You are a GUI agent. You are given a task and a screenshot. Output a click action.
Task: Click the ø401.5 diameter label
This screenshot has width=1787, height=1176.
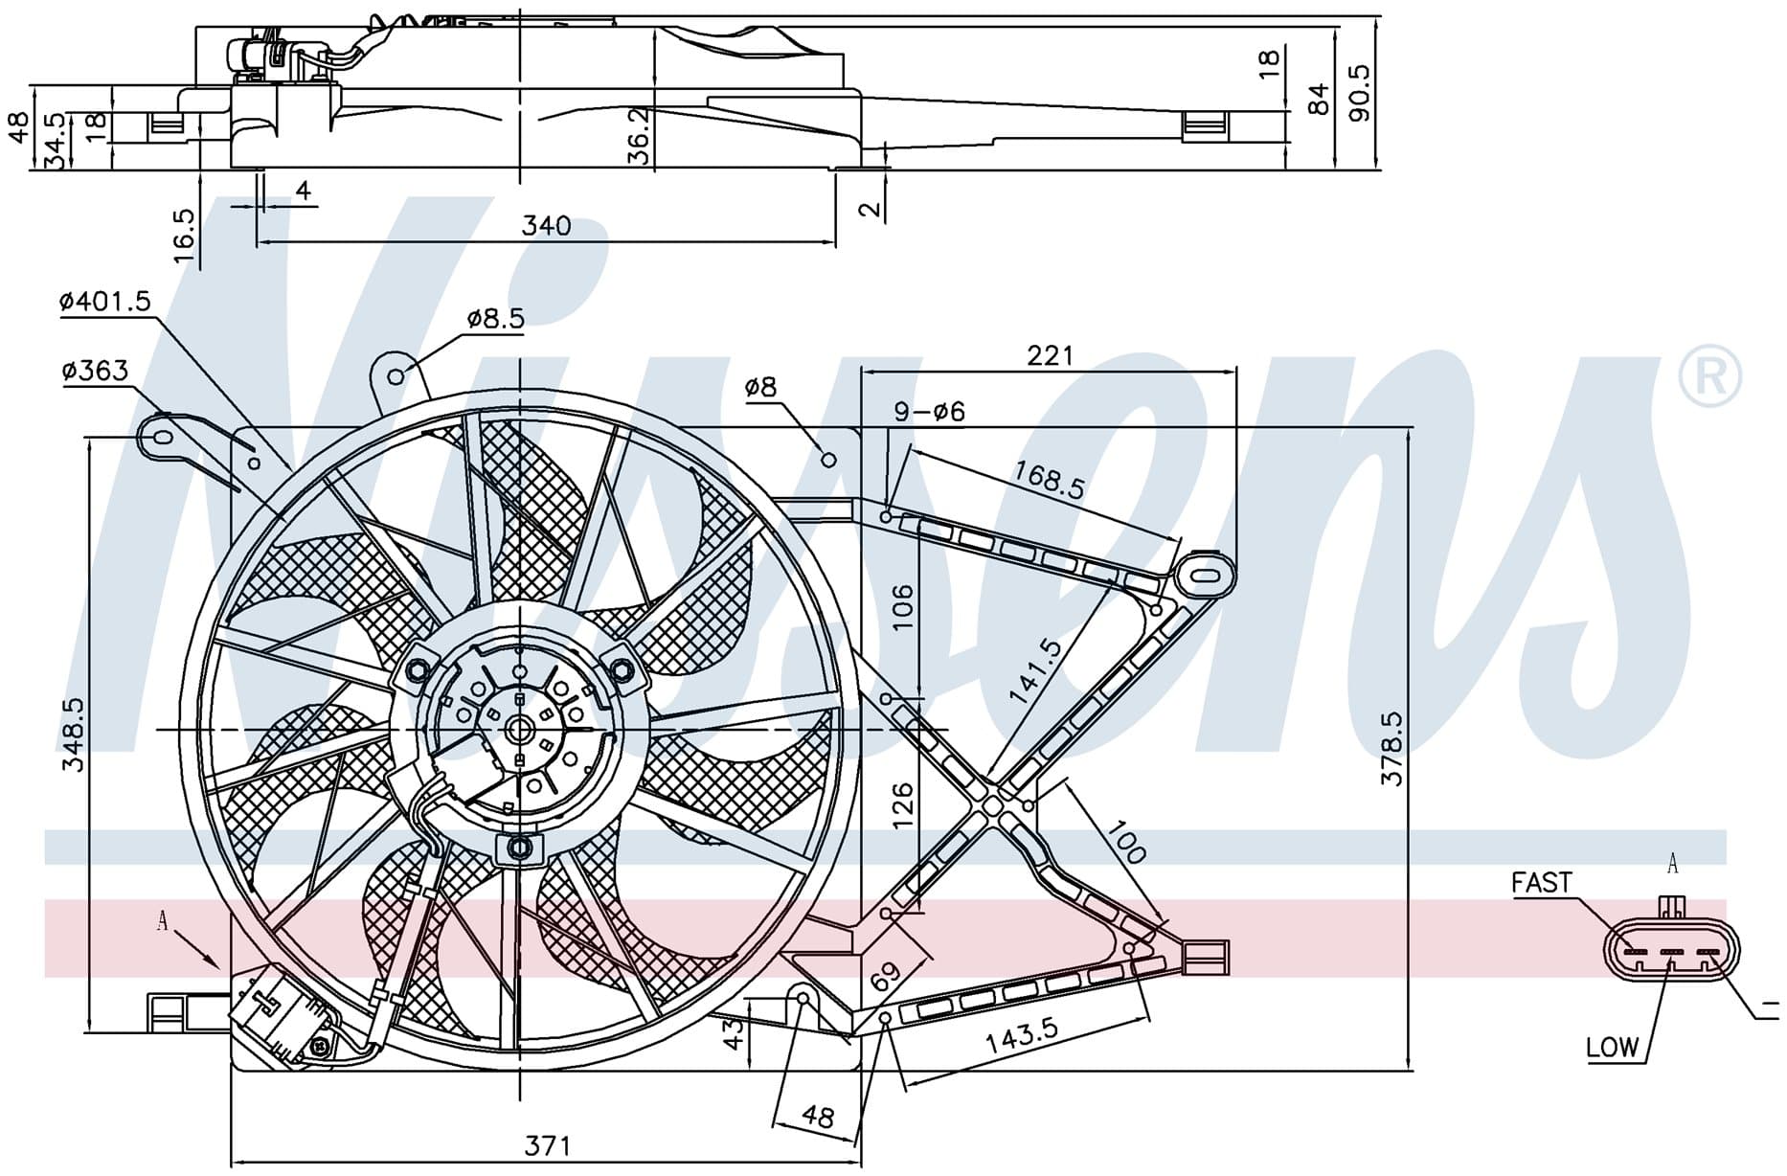pos(105,303)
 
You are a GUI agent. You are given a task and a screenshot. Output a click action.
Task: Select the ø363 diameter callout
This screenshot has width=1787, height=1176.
pos(95,371)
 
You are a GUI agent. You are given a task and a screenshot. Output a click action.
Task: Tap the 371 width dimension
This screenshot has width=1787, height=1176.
pos(547,1145)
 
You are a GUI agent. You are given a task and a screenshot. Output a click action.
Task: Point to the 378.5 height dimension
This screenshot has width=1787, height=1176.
pos(1391,748)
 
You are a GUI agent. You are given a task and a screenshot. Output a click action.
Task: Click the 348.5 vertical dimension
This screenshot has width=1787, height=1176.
pos(74,735)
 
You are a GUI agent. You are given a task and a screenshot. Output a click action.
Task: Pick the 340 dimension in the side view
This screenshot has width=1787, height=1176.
pos(546,226)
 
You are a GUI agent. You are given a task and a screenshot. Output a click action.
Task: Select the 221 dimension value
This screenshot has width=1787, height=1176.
pos(1051,355)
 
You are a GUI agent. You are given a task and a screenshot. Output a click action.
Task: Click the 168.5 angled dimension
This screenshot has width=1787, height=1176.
pos(1050,480)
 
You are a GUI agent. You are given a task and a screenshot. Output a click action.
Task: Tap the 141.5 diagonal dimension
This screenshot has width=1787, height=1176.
pos(1036,671)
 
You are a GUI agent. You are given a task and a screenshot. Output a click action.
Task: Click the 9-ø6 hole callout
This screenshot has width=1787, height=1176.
pos(929,412)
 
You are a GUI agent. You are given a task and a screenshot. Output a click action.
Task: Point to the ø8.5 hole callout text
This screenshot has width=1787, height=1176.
pos(496,319)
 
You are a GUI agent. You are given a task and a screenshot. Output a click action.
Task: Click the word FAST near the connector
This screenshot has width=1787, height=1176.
pos(1542,882)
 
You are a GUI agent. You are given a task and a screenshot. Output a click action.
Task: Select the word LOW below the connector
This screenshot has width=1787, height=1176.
pos(1613,1048)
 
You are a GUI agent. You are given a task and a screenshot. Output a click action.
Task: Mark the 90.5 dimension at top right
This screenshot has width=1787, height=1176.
pos(1359,93)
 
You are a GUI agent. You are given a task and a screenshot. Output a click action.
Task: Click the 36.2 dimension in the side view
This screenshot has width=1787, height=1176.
pos(640,134)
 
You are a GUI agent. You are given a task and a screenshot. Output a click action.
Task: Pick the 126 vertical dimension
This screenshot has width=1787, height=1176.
pos(902,806)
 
